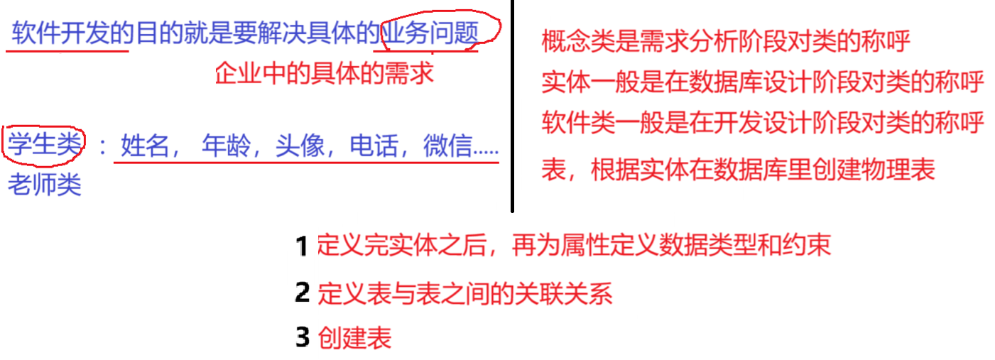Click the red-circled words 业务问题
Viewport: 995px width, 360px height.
pos(429,33)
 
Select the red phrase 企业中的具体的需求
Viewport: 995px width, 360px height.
pos(325,72)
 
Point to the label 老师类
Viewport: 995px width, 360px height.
pos(44,185)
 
